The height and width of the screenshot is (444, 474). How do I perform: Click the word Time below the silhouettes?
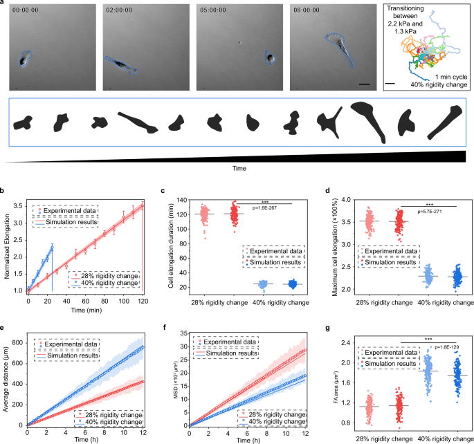click(237, 167)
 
